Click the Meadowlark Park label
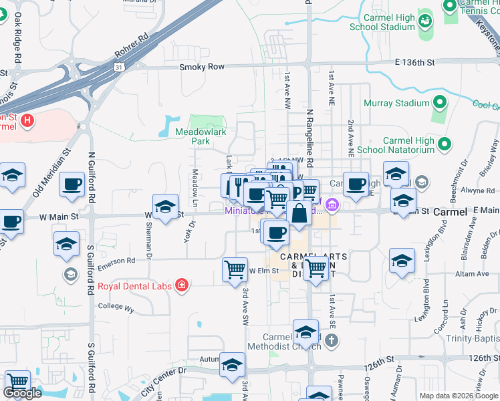(202, 137)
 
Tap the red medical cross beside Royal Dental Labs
(181, 286)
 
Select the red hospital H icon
(27, 121)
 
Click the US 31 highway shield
(118, 67)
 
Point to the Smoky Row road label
(201, 67)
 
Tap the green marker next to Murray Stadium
(439, 103)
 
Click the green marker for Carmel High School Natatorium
(443, 144)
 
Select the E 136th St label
(414, 62)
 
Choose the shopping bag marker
(300, 215)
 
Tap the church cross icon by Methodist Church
(331, 341)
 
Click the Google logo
(23, 393)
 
